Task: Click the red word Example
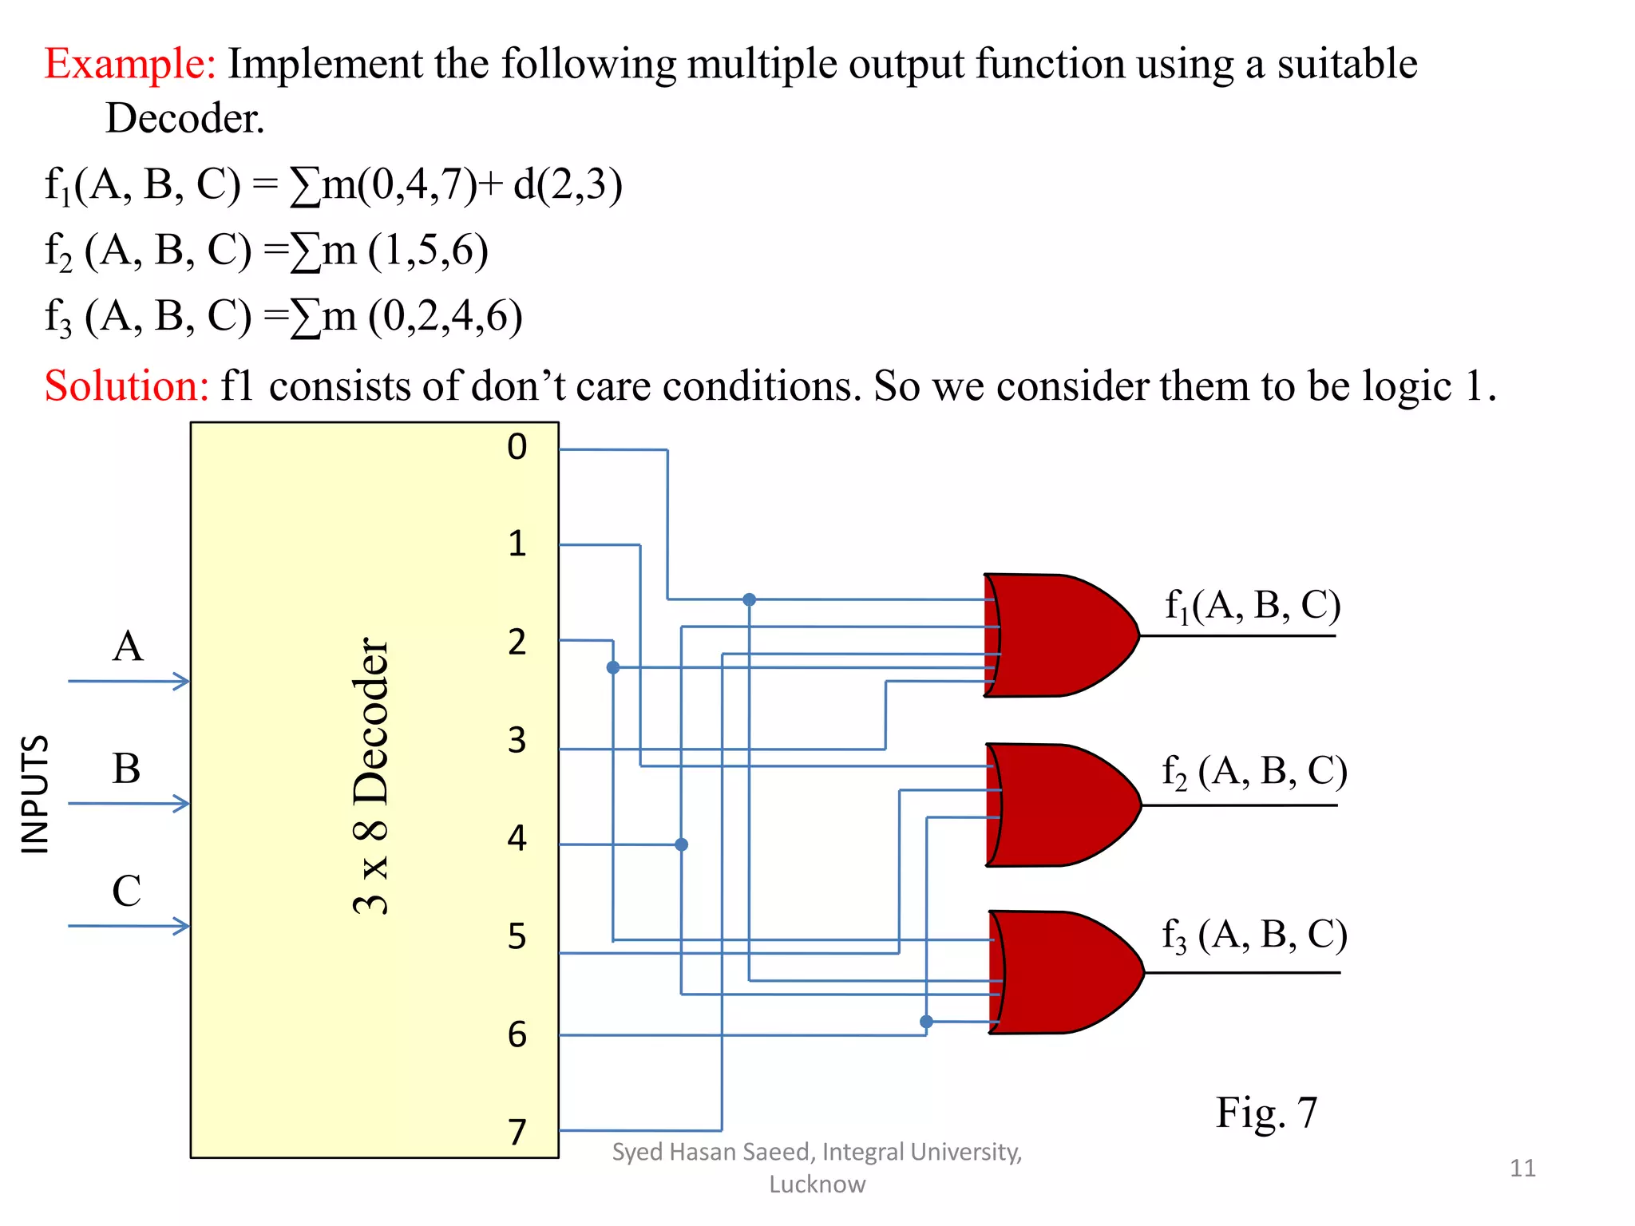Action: (129, 64)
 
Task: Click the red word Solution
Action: (126, 386)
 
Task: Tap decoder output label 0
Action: (517, 447)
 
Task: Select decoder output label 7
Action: (517, 1132)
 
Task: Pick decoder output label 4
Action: (517, 838)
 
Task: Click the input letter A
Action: (128, 647)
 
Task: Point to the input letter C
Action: (126, 892)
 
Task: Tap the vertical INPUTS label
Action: (35, 794)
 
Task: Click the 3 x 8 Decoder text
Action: (371, 776)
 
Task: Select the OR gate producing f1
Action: (1054, 635)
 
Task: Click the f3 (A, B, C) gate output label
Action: (1254, 935)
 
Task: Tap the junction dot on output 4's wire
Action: (681, 844)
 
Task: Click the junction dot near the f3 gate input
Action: (926, 1022)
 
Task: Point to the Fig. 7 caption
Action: (1266, 1113)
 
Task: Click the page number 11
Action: (1522, 1169)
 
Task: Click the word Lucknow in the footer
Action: (817, 1184)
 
